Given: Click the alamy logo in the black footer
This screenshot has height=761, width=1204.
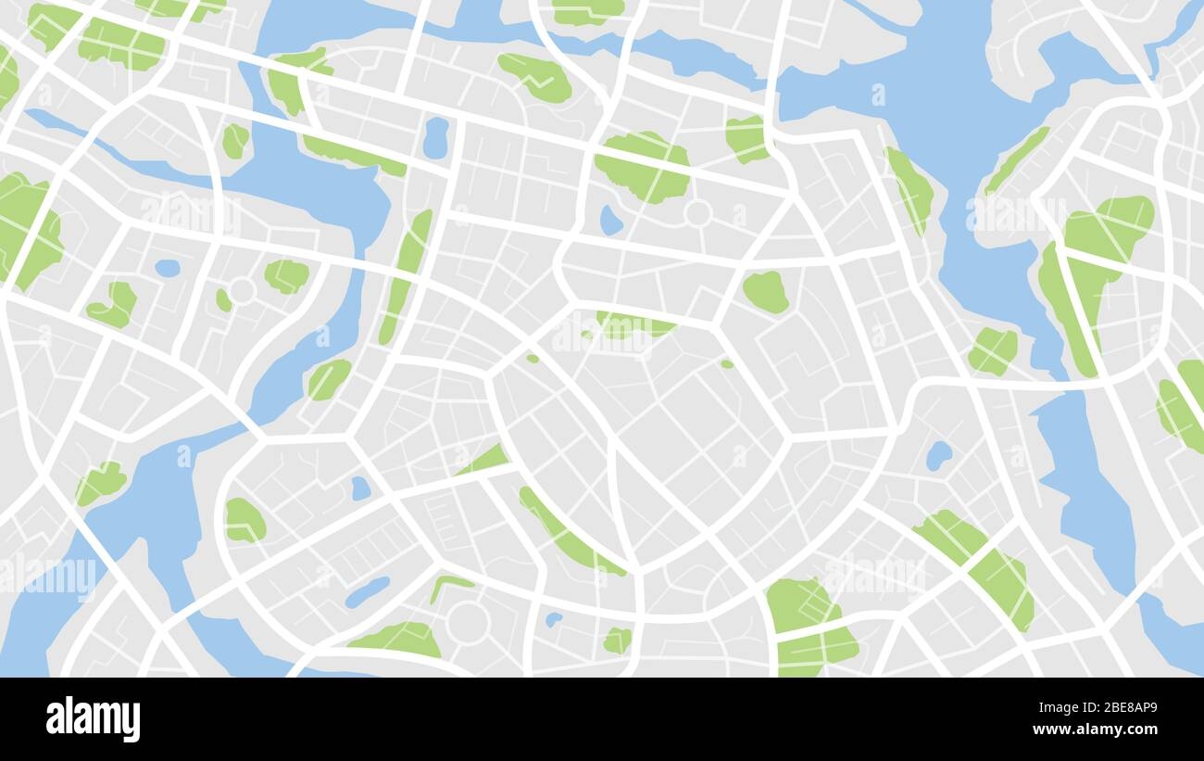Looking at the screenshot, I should (x=93, y=719).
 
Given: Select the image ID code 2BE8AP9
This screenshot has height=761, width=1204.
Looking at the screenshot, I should (x=1119, y=708).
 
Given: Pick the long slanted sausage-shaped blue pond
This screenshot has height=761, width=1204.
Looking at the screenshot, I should (x=368, y=592).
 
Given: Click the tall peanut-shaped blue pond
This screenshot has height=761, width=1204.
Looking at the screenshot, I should (x=435, y=138).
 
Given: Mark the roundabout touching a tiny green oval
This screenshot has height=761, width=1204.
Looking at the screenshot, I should (x=242, y=291).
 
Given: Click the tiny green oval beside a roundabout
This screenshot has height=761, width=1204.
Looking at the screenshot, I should (x=223, y=299).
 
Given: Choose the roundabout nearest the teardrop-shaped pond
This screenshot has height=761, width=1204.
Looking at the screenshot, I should (x=696, y=213).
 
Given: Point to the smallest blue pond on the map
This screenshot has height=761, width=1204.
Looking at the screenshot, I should (x=553, y=618).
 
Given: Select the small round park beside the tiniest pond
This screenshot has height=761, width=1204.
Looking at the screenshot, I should (x=616, y=640).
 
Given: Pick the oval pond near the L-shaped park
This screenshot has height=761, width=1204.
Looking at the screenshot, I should (x=168, y=268).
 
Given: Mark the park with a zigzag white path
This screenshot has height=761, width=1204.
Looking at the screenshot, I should (x=535, y=76).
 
